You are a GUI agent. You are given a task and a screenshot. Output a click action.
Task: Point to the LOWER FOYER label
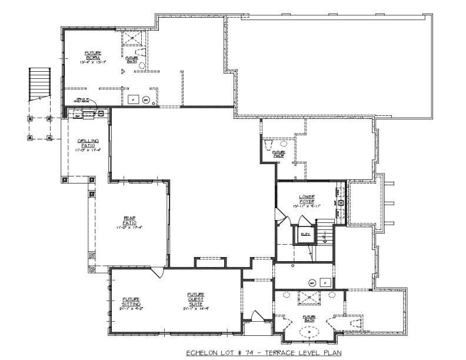pos(308,201)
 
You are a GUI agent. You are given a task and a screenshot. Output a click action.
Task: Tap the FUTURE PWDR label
pos(278,154)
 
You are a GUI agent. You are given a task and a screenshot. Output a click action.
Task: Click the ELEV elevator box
pos(305,234)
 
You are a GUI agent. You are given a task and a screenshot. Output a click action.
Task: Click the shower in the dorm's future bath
pos(134,38)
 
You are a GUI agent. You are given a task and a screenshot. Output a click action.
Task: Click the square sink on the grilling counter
pos(101,113)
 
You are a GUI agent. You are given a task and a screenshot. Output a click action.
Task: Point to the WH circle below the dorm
pos(147,100)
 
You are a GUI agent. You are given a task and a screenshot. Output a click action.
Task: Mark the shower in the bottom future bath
pos(309,298)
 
